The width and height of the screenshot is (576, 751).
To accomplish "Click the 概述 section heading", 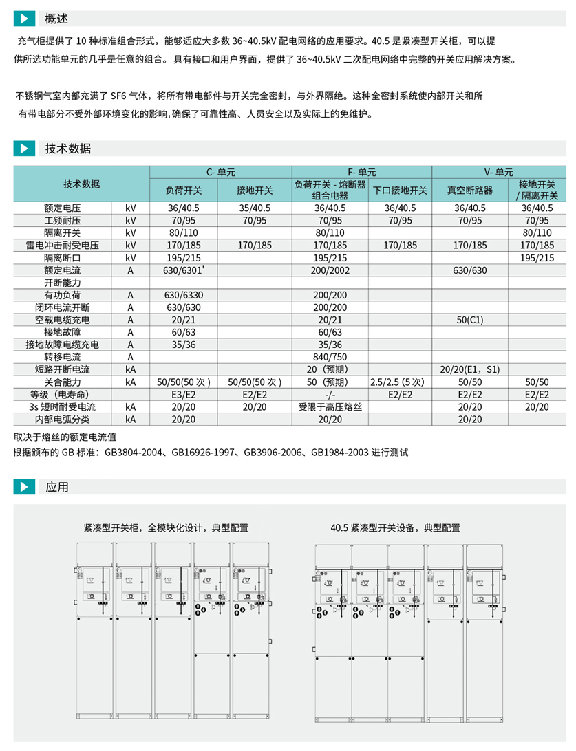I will tap(56, 19).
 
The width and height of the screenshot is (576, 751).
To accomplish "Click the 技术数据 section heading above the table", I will tap(68, 149).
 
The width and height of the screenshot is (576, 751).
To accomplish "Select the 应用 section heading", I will tap(57, 488).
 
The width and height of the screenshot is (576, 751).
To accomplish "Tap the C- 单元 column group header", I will tap(221, 172).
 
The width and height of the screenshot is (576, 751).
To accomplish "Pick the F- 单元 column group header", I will tap(362, 172).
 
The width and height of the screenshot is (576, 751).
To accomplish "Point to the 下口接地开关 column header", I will tap(400, 191).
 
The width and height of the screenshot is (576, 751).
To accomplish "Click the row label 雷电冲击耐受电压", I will tap(63, 245).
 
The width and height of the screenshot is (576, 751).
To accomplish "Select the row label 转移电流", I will tap(63, 357).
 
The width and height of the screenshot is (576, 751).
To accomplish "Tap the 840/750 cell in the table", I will tap(330, 357).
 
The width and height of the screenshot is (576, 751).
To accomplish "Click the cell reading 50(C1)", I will tap(469, 320).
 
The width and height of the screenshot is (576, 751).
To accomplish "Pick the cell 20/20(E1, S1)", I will tap(469, 369).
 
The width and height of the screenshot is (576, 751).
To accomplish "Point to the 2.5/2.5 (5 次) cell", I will tap(400, 382).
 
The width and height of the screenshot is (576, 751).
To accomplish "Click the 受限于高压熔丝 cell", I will tap(330, 406).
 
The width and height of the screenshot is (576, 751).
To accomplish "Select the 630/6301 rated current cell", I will tap(184, 270).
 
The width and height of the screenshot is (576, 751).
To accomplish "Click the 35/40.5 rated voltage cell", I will tap(255, 208).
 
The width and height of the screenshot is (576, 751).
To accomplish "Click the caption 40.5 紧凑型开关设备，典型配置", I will tap(395, 528).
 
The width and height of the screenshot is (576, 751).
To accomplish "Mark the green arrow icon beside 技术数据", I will tap(24, 149).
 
